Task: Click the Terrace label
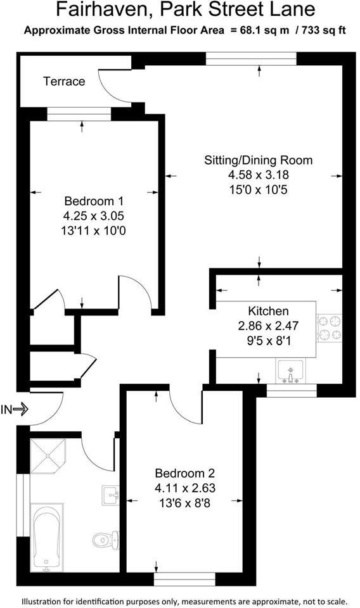click(x=63, y=81)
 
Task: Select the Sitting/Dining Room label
click(x=258, y=160)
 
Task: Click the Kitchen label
click(x=268, y=311)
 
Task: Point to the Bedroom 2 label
click(x=185, y=473)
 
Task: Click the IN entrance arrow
click(x=15, y=410)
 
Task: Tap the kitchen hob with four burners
click(x=329, y=328)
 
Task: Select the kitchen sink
click(x=290, y=370)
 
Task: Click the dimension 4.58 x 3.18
click(x=258, y=175)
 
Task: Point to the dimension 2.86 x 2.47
click(x=268, y=326)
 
